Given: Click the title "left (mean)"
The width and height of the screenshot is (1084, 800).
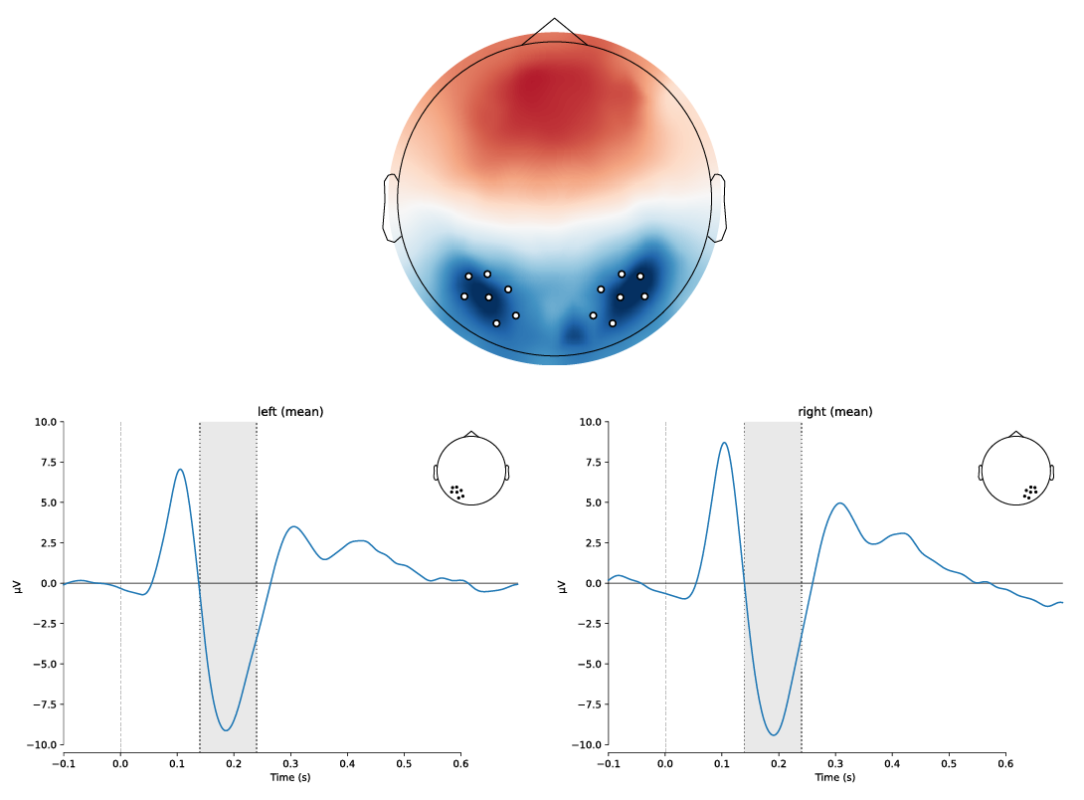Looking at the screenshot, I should point(290,412).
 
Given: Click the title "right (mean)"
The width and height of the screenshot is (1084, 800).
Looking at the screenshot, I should point(835,412).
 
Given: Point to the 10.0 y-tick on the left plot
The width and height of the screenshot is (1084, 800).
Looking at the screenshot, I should point(45,422).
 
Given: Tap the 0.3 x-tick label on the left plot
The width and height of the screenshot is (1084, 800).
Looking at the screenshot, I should point(290,763).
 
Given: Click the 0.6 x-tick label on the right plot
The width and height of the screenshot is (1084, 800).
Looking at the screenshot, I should point(1005,763).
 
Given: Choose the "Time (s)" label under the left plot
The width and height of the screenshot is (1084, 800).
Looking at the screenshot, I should point(290,777).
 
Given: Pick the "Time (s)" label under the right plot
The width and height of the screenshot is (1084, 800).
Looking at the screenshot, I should point(835,777).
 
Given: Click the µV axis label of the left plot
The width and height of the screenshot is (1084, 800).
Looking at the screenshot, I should point(17,584).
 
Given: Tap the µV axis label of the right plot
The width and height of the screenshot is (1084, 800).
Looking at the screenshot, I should point(562,584).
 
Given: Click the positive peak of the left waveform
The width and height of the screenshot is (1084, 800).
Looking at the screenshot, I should point(180,470).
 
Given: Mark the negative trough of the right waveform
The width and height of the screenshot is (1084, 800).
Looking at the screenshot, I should point(774,735).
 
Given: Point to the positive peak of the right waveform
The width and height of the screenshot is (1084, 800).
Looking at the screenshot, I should point(725,443).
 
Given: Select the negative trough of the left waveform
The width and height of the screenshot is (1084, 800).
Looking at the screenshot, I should point(227,730).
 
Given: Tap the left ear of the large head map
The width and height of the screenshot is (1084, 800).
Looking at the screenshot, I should point(391,208).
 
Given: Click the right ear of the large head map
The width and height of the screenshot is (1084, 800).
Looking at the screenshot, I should point(718,208).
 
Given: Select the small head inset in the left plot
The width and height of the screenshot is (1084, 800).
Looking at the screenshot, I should point(471,471).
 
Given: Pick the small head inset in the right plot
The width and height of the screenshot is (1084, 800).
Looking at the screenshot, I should point(1015,471).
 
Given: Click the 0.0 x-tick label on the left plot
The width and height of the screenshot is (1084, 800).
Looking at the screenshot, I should point(120,763).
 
